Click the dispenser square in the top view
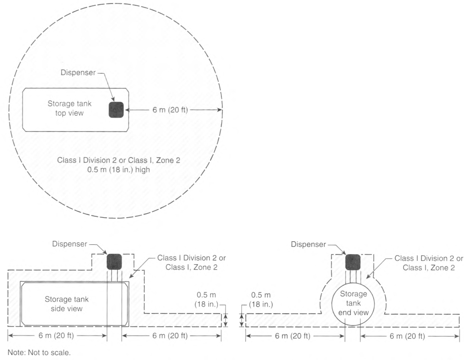pos(116,110)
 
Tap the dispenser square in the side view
pos(114,262)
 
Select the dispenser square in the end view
pos(353,262)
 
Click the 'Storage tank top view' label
pos(70,108)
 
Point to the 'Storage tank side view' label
pos(67,304)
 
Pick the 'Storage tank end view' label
pos(353,303)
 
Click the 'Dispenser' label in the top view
pos(78,72)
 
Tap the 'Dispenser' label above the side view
pos(70,244)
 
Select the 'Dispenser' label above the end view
pos(309,244)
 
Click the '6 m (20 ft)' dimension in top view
pos(170,110)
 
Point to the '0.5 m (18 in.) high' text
pos(119,170)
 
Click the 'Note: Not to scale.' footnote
pos(39,353)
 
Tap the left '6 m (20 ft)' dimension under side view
pos(56,336)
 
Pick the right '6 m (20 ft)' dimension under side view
pos(170,336)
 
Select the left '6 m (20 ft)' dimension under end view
pos(293,336)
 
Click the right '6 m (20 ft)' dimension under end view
pos(408,336)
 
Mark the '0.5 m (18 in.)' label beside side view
pos(206,300)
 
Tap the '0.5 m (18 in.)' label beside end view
pos(261,300)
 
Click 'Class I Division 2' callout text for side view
pos(191,262)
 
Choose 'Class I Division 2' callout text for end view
pos(429,263)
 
